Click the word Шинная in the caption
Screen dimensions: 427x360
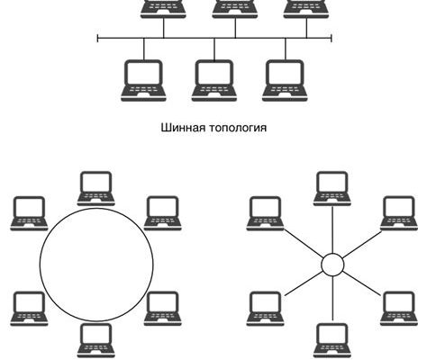(184, 128)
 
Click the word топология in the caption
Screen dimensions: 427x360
(238, 129)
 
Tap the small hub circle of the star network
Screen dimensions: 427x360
(332, 265)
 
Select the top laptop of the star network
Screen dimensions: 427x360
(332, 189)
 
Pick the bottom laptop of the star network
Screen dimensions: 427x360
(332, 340)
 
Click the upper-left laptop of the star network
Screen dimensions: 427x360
(266, 213)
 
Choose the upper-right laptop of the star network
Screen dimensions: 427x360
(399, 213)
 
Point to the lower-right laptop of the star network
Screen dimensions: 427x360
(399, 309)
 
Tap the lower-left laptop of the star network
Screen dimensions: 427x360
(266, 309)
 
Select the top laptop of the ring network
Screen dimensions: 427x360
(96, 189)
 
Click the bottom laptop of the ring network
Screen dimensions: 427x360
(96, 340)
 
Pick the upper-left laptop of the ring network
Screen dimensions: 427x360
(29, 213)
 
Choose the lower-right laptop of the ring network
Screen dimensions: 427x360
(163, 309)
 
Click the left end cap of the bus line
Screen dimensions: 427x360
(98, 39)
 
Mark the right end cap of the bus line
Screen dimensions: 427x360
(332, 39)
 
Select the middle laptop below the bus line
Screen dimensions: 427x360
(214, 81)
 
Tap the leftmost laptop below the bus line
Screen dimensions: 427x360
(143, 81)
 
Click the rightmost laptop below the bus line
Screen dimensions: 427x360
(285, 81)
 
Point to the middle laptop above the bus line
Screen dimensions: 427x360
(235, 9)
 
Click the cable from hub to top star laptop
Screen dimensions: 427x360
(332, 229)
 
